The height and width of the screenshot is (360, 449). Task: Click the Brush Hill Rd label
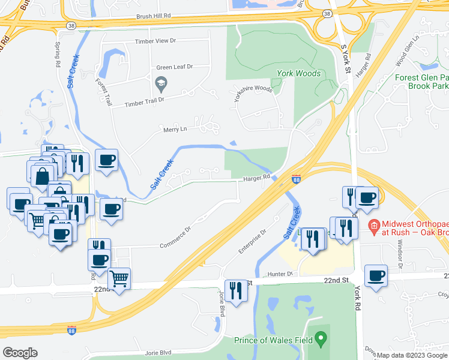click(154, 17)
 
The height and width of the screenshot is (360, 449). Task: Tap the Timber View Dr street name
click(155, 41)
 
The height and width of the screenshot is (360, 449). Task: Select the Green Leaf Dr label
click(174, 67)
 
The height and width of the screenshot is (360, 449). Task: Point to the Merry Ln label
click(175, 129)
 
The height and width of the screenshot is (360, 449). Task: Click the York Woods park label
click(299, 73)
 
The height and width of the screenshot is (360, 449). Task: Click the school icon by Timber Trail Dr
click(161, 82)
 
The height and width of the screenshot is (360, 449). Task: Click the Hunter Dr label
click(280, 274)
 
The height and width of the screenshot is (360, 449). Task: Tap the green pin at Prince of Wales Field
click(321, 338)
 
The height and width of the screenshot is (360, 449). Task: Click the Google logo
click(20, 353)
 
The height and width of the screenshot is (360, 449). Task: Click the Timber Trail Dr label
click(144, 102)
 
